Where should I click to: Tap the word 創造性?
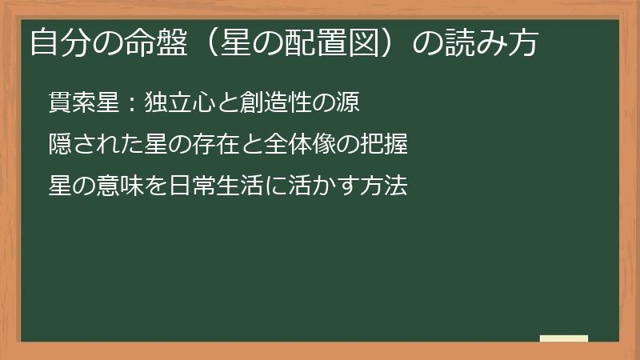coord(264,103)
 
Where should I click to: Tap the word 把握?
coord(384,145)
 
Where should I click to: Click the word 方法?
coord(384,186)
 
